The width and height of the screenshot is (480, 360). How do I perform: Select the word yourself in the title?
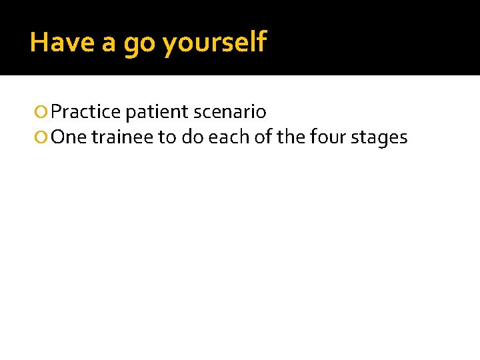pyautogui.click(x=214, y=43)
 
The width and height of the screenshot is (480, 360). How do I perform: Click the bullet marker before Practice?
pyautogui.click(x=43, y=112)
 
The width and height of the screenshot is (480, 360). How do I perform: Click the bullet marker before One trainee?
pyautogui.click(x=43, y=138)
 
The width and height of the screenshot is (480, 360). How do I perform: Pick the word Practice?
pyautogui.click(x=85, y=112)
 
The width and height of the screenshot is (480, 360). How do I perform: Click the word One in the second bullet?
pyautogui.click(x=69, y=137)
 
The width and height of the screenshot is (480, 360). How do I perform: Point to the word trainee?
pyautogui.click(x=122, y=137)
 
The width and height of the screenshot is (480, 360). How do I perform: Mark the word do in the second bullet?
pyautogui.click(x=191, y=137)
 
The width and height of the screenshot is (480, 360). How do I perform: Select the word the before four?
pyautogui.click(x=283, y=137)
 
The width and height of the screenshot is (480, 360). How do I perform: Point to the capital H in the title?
pyautogui.click(x=38, y=43)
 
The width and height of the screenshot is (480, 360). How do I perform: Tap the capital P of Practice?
pyautogui.click(x=56, y=112)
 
